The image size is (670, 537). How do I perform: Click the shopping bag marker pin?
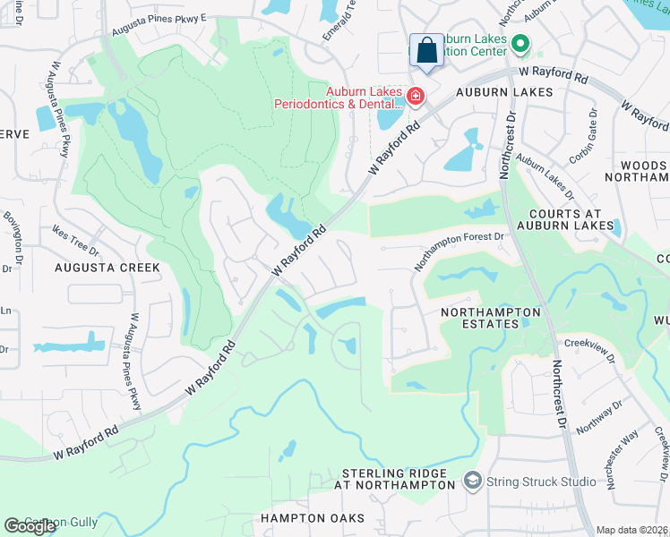(426, 51)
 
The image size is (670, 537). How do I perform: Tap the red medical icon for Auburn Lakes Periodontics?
(415, 96)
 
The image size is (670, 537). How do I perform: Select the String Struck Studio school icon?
(472, 482)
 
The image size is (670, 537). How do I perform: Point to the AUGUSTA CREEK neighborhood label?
(108, 268)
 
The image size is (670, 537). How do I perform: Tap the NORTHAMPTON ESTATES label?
(492, 318)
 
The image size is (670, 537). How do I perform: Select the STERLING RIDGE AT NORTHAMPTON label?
(394, 479)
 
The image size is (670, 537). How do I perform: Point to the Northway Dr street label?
(599, 418)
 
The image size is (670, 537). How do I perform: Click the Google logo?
(30, 526)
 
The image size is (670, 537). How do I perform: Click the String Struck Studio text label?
(541, 482)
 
